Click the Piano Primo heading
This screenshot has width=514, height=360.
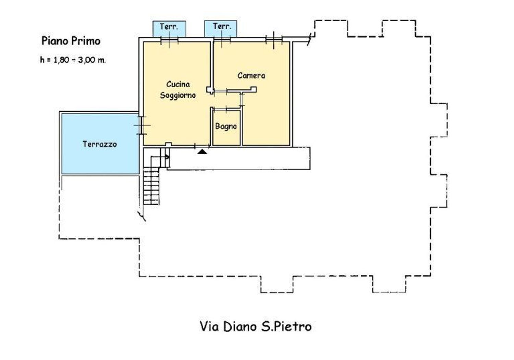71,41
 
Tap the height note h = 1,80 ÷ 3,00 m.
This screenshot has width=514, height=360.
73,60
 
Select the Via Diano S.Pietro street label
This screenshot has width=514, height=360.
256,326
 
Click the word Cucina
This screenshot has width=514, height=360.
178,84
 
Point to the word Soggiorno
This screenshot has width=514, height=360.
178,95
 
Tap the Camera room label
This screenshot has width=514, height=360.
251,75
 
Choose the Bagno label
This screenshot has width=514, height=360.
226,126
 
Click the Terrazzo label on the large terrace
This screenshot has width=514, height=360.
100,144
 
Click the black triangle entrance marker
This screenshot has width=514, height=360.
203,151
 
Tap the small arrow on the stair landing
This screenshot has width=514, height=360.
167,157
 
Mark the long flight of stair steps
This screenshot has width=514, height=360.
151,187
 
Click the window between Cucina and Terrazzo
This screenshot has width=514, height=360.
141,125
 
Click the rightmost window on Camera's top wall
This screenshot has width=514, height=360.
274,40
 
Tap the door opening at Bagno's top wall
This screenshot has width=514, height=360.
227,109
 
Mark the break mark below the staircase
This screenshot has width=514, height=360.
142,215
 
